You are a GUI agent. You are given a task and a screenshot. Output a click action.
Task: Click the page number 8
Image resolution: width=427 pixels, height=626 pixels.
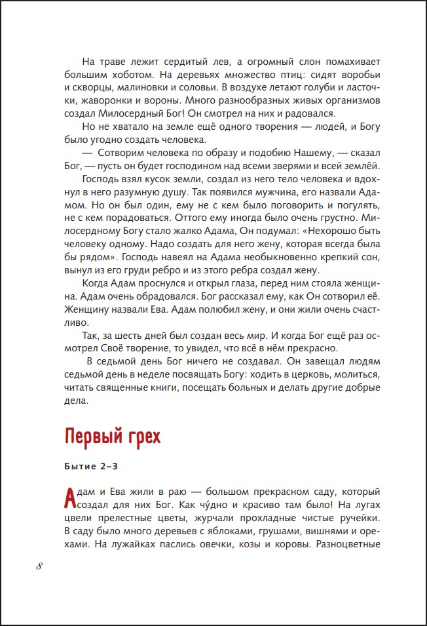[x=40, y=567]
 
